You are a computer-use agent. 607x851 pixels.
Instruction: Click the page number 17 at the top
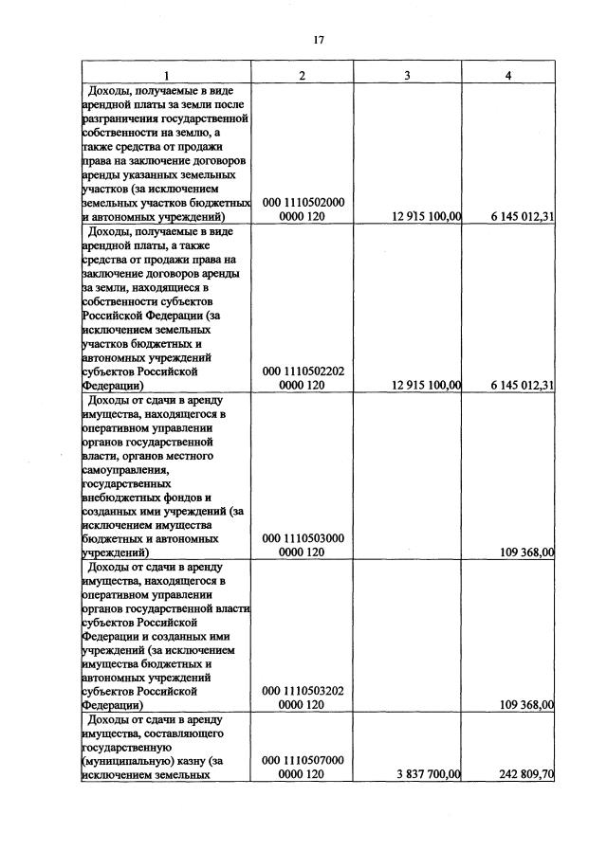click(x=319, y=40)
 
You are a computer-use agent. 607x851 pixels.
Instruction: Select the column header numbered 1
click(x=166, y=76)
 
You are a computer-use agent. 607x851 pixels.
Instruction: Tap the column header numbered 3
click(x=407, y=76)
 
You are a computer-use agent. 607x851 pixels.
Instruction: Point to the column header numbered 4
click(x=508, y=76)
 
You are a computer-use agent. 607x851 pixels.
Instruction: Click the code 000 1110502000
click(x=303, y=203)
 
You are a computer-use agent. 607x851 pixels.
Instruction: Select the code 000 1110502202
click(x=303, y=371)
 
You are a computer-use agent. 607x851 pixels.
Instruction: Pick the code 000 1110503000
click(x=303, y=537)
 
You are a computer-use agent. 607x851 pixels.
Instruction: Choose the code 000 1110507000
click(x=303, y=760)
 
